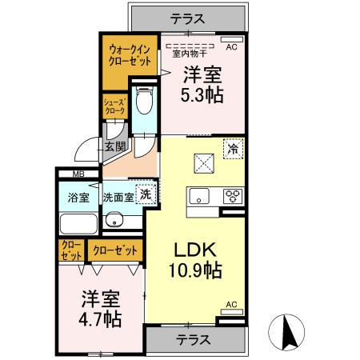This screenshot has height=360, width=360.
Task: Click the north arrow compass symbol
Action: tap(289, 331)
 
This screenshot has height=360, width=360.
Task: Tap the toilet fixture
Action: tap(145, 102)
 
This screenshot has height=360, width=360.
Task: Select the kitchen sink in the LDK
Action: tap(199, 195)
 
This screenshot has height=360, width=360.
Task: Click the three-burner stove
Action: tap(232, 195)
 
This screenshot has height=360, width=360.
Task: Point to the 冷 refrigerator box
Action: tap(233, 148)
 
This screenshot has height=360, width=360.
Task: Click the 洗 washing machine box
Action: tap(146, 194)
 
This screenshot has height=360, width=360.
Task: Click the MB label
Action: tap(78, 174)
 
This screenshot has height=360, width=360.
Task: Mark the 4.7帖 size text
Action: tap(100, 318)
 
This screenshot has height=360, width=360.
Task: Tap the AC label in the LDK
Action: tap(231, 305)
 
